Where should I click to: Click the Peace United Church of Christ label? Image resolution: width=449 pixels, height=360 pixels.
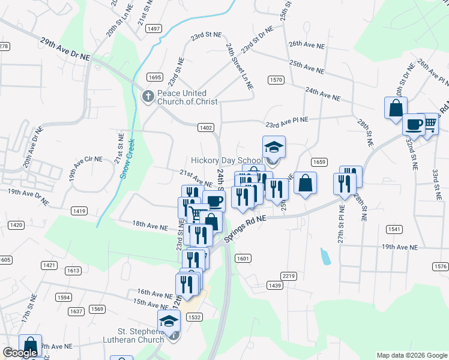(182, 97)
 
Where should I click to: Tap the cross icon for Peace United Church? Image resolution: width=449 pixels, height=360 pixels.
(148, 96)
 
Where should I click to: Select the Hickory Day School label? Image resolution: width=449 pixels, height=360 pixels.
(227, 160)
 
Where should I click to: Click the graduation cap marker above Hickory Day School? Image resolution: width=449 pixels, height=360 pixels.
(274, 148)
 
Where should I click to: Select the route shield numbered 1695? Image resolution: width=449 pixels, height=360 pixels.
(154, 77)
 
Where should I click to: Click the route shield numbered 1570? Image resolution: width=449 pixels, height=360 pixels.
(276, 80)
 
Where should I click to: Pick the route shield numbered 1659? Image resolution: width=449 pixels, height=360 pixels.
(319, 162)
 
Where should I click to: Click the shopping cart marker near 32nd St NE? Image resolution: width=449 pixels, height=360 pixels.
(429, 124)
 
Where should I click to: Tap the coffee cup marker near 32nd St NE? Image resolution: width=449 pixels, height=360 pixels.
(413, 125)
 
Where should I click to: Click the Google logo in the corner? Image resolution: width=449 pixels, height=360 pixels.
(20, 353)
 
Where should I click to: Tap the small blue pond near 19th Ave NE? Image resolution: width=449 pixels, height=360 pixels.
(325, 256)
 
